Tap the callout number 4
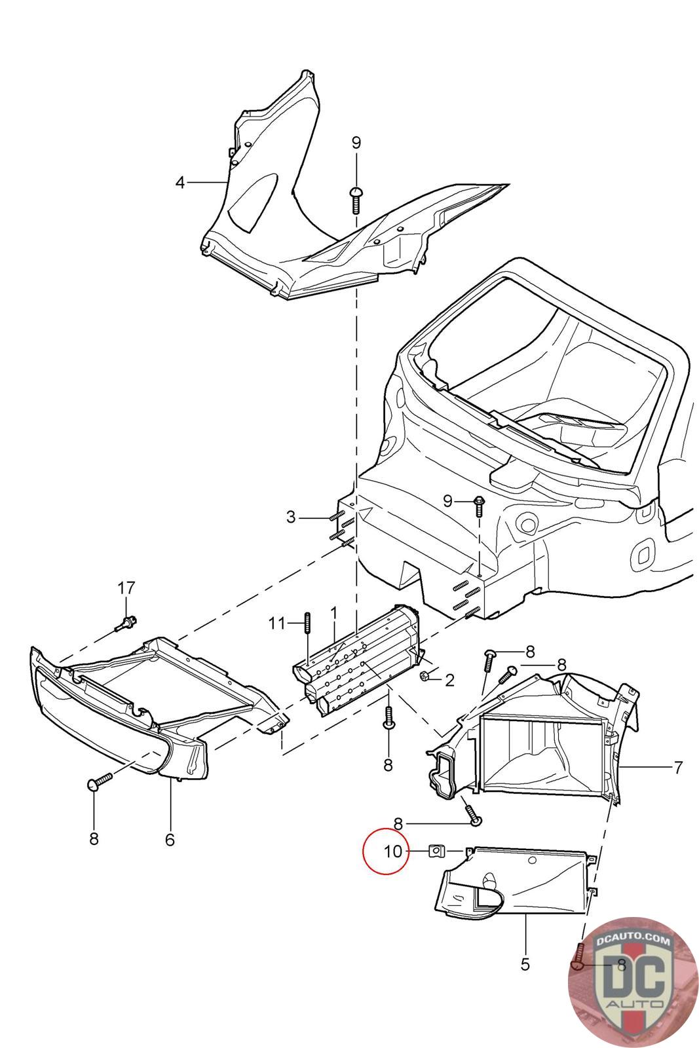tap(180, 182)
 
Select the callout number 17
tap(126, 588)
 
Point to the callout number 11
tap(277, 623)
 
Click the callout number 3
tap(291, 517)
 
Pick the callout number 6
tap(170, 839)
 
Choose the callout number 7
tap(678, 766)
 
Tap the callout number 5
tap(525, 964)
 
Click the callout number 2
tap(449, 681)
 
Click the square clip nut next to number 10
tap(436, 851)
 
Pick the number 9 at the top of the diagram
tap(356, 143)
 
